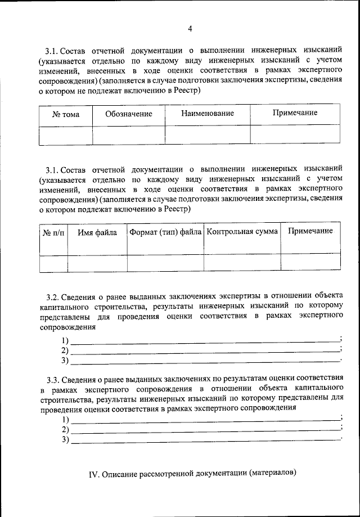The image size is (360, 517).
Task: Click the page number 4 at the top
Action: click(190, 29)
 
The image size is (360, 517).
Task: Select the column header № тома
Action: click(66, 114)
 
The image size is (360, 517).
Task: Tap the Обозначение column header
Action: click(129, 114)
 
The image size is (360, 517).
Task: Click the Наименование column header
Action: click(208, 114)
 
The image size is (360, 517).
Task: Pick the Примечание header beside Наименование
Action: click(295, 113)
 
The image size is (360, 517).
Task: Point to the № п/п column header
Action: click(53, 232)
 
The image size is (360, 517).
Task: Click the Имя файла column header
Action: click(97, 232)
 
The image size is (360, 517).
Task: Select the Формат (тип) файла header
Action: click(165, 232)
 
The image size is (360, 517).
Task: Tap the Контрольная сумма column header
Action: click(242, 231)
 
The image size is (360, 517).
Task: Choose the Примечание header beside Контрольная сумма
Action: click(310, 231)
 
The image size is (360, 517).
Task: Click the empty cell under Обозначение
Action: click(129, 135)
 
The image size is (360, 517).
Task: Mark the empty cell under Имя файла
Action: click(97, 263)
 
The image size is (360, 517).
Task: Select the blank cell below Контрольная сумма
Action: click(242, 262)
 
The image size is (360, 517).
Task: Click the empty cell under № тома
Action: click(66, 135)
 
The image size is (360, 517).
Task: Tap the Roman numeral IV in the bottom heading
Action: click(94, 474)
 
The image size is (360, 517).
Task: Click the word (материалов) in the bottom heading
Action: click(272, 473)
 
